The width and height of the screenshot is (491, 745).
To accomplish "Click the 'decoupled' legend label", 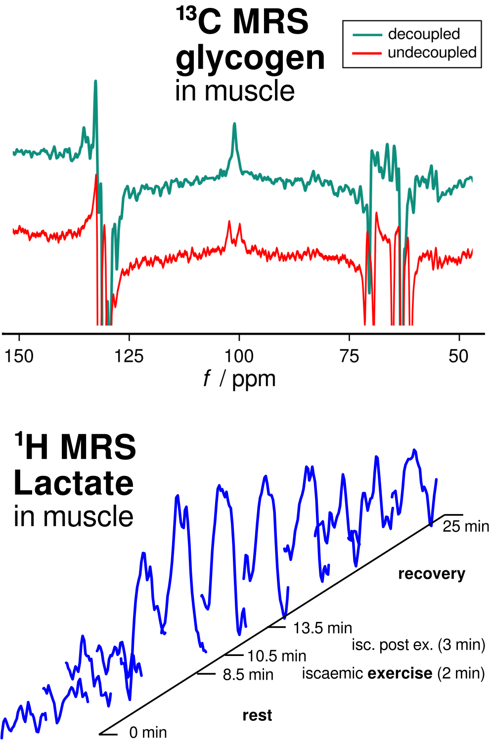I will coord(424,34).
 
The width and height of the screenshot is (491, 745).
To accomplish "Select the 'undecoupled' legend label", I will coord(432,52).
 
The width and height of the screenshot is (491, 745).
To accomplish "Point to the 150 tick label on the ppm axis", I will coord(19,356).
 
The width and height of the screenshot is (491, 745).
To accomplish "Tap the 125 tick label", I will coord(129,356).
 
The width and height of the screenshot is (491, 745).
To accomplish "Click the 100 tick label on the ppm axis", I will coord(239,356).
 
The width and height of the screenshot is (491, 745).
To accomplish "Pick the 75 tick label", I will coord(349,356).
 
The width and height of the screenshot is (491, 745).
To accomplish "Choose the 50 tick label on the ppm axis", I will coord(458,356).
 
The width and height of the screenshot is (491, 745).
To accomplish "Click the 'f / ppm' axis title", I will coord(239,379).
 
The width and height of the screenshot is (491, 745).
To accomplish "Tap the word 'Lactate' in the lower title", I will coord(74,483).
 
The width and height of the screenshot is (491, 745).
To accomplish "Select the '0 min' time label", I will coord(148,732).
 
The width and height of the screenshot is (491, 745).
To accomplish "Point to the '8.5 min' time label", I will coord(248,675).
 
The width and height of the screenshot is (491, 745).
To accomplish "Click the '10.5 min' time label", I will coord(276,656).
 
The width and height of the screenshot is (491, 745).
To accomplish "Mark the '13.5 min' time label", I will coord(322,628).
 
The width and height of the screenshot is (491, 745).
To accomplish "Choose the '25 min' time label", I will coord(465,526).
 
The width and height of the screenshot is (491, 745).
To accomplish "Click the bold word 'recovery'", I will coord(432,574).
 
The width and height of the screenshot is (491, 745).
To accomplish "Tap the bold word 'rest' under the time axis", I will coord(257,715).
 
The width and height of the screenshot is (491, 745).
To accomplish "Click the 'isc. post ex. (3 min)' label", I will coord(418,645).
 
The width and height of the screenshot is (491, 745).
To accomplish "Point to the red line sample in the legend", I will coord(367,53).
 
